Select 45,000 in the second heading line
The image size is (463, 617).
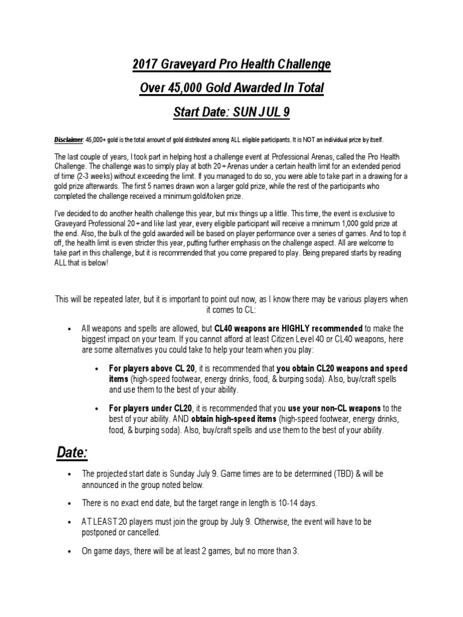click(x=186, y=89)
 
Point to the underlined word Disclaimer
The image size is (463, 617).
click(x=68, y=139)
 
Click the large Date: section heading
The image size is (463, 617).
click(x=73, y=453)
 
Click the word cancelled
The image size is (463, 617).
click(x=142, y=533)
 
